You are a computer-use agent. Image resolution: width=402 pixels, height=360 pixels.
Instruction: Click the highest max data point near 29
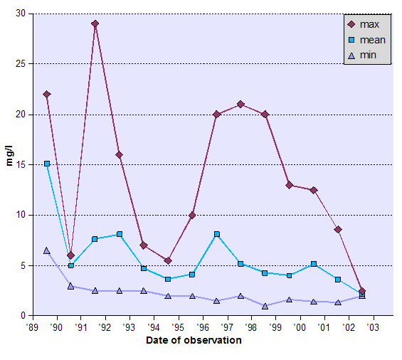(95, 23)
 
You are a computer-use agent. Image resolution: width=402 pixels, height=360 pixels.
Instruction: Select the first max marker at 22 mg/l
(46, 94)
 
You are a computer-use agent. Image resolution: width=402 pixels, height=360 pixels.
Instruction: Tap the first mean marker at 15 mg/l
(46, 164)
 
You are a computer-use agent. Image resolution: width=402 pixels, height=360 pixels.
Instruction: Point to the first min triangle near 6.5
(46, 250)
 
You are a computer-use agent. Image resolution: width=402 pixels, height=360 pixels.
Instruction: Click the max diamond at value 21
(240, 104)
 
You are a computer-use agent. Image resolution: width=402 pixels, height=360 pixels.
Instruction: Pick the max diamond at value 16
(119, 154)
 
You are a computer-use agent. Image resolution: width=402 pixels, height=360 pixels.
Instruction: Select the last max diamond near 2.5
(362, 290)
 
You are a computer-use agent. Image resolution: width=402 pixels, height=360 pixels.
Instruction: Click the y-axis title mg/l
(9, 163)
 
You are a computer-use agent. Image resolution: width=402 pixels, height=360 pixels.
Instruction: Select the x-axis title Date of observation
(194, 340)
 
